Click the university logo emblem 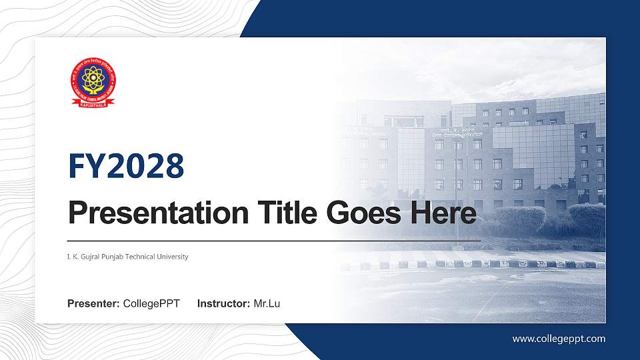pos(93,82)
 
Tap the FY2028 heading pos(126,166)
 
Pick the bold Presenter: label pos(93,304)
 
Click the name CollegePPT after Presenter pos(151,304)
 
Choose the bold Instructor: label pos(224,304)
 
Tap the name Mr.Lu pos(267,304)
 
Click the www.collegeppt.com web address pos(559,339)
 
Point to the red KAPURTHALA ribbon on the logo pos(93,102)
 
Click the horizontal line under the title pos(273,240)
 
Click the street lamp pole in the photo pos(457,193)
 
